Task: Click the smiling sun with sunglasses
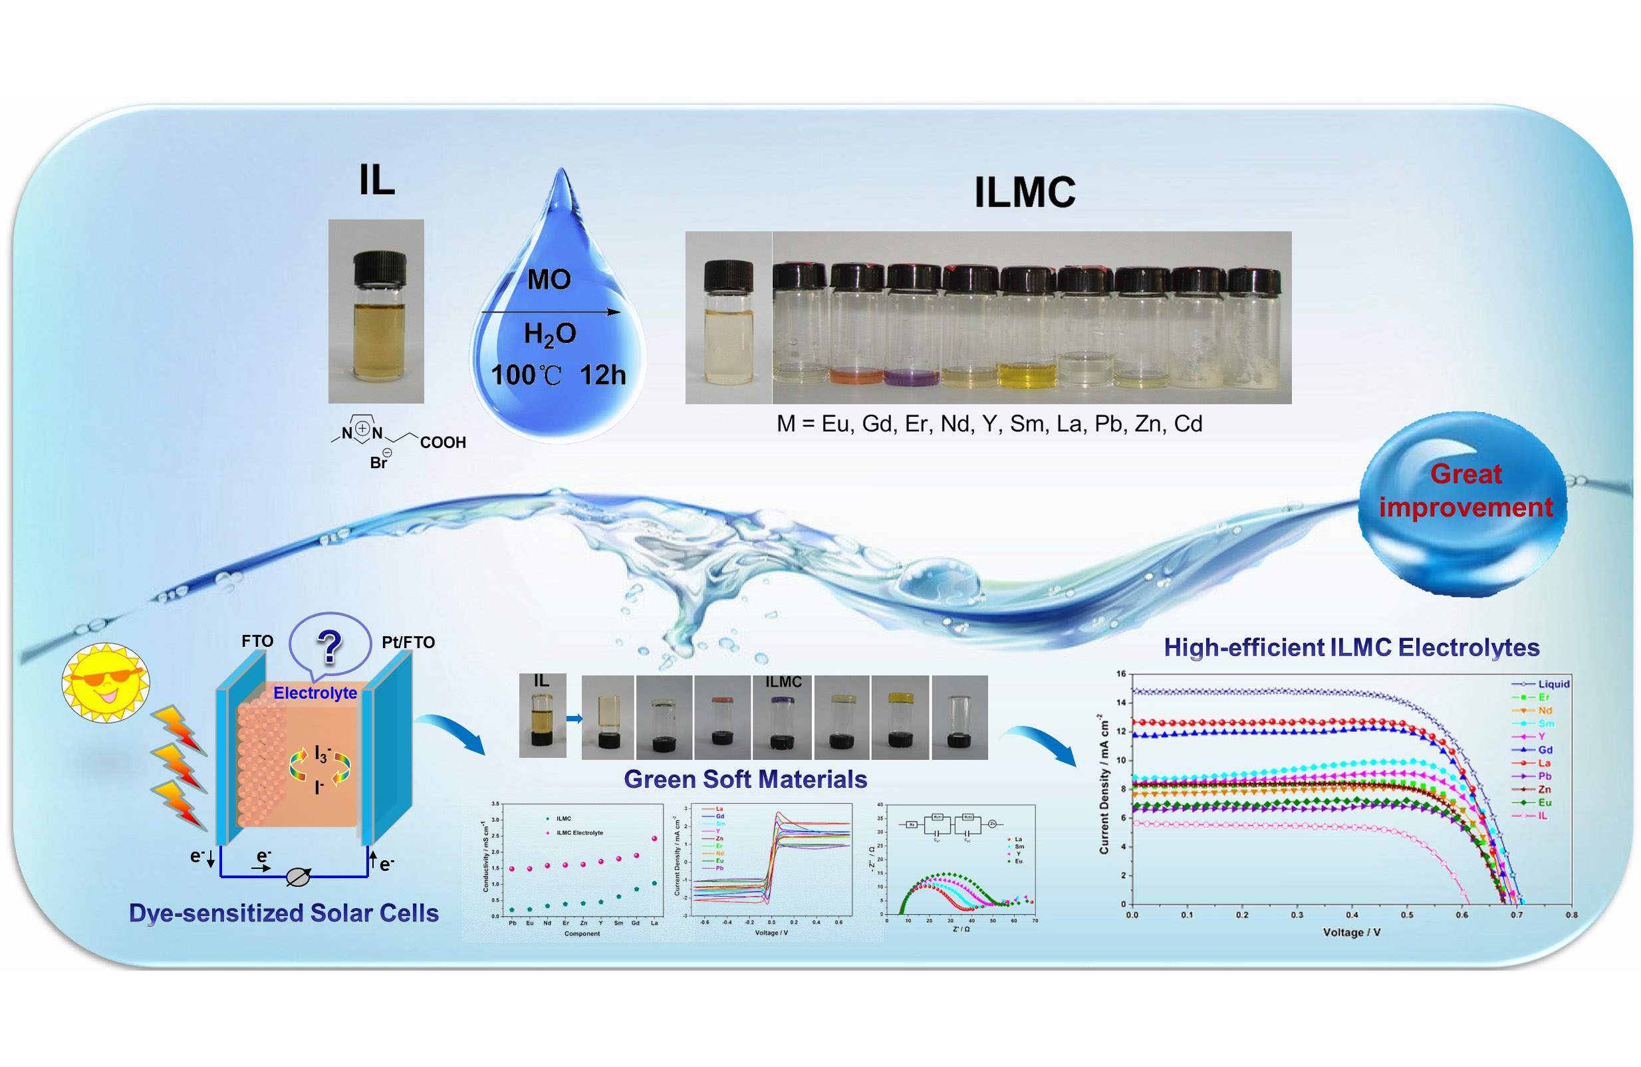[x=106, y=682]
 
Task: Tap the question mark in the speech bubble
[x=330, y=647]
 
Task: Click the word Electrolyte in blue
[x=315, y=693]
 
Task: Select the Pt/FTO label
[x=408, y=642]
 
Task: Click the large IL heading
[x=377, y=181]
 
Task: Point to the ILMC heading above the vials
[x=1025, y=192]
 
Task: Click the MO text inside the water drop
[x=549, y=279]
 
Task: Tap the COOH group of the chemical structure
[x=443, y=443]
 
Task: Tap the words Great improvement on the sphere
[x=1465, y=491]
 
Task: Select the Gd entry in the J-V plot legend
[x=1545, y=749]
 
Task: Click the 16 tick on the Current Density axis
[x=1121, y=673]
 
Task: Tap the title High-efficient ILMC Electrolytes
[x=1351, y=648]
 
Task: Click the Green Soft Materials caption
[x=745, y=779]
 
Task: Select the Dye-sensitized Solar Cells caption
[x=283, y=913]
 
